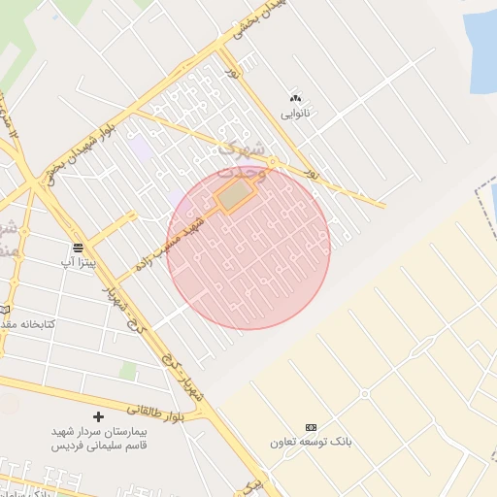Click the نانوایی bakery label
294,113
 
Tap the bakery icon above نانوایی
295,98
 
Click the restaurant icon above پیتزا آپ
77,248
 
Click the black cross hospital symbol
98,416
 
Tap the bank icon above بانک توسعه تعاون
311,427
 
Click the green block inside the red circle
233,198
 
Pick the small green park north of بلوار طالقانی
128,372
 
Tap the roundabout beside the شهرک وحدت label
275,161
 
